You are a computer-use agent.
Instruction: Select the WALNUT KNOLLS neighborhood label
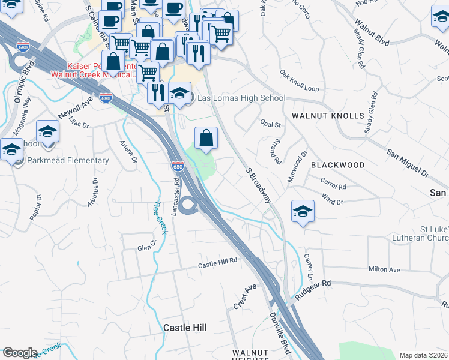[328, 115]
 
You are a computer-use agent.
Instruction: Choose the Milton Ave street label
[384, 269]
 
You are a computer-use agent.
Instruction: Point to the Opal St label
[271, 125]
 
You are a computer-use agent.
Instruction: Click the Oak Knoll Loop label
[299, 80]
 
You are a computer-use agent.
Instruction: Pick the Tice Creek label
[160, 217]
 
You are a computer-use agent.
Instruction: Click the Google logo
[19, 353]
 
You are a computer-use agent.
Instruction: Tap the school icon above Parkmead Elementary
[47, 132]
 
